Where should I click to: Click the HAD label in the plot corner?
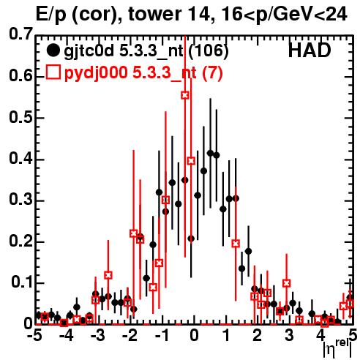310,50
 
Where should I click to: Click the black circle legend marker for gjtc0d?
53,50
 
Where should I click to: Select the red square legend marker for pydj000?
53,72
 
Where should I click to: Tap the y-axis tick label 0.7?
21,34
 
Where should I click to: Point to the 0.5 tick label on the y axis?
21,118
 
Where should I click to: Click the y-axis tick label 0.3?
21,200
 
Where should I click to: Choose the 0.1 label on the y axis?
22,282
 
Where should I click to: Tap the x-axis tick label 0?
194,335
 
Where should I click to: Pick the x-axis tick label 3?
289,335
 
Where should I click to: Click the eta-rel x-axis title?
337,348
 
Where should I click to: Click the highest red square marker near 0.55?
185,95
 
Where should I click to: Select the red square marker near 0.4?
191,161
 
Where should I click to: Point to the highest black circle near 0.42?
210,153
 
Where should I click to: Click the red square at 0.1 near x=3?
287,283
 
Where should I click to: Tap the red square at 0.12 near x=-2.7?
108,275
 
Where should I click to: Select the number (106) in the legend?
209,51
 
